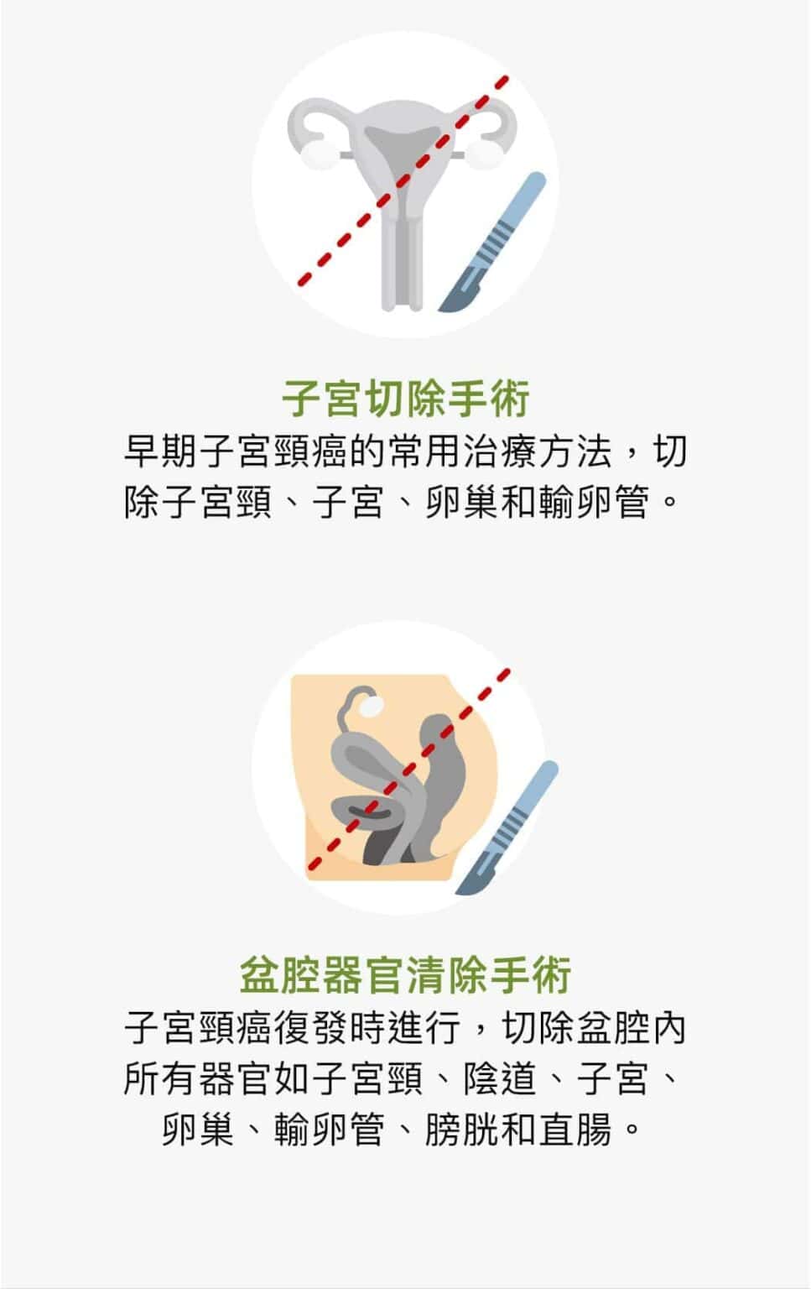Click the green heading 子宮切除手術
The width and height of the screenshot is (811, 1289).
point(406,399)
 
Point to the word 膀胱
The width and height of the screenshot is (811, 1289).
point(462,1130)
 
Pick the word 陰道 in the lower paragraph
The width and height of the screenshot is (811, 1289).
point(500,1078)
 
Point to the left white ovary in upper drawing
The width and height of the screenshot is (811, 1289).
point(318,154)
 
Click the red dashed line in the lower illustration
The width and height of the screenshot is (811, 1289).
point(409,770)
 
